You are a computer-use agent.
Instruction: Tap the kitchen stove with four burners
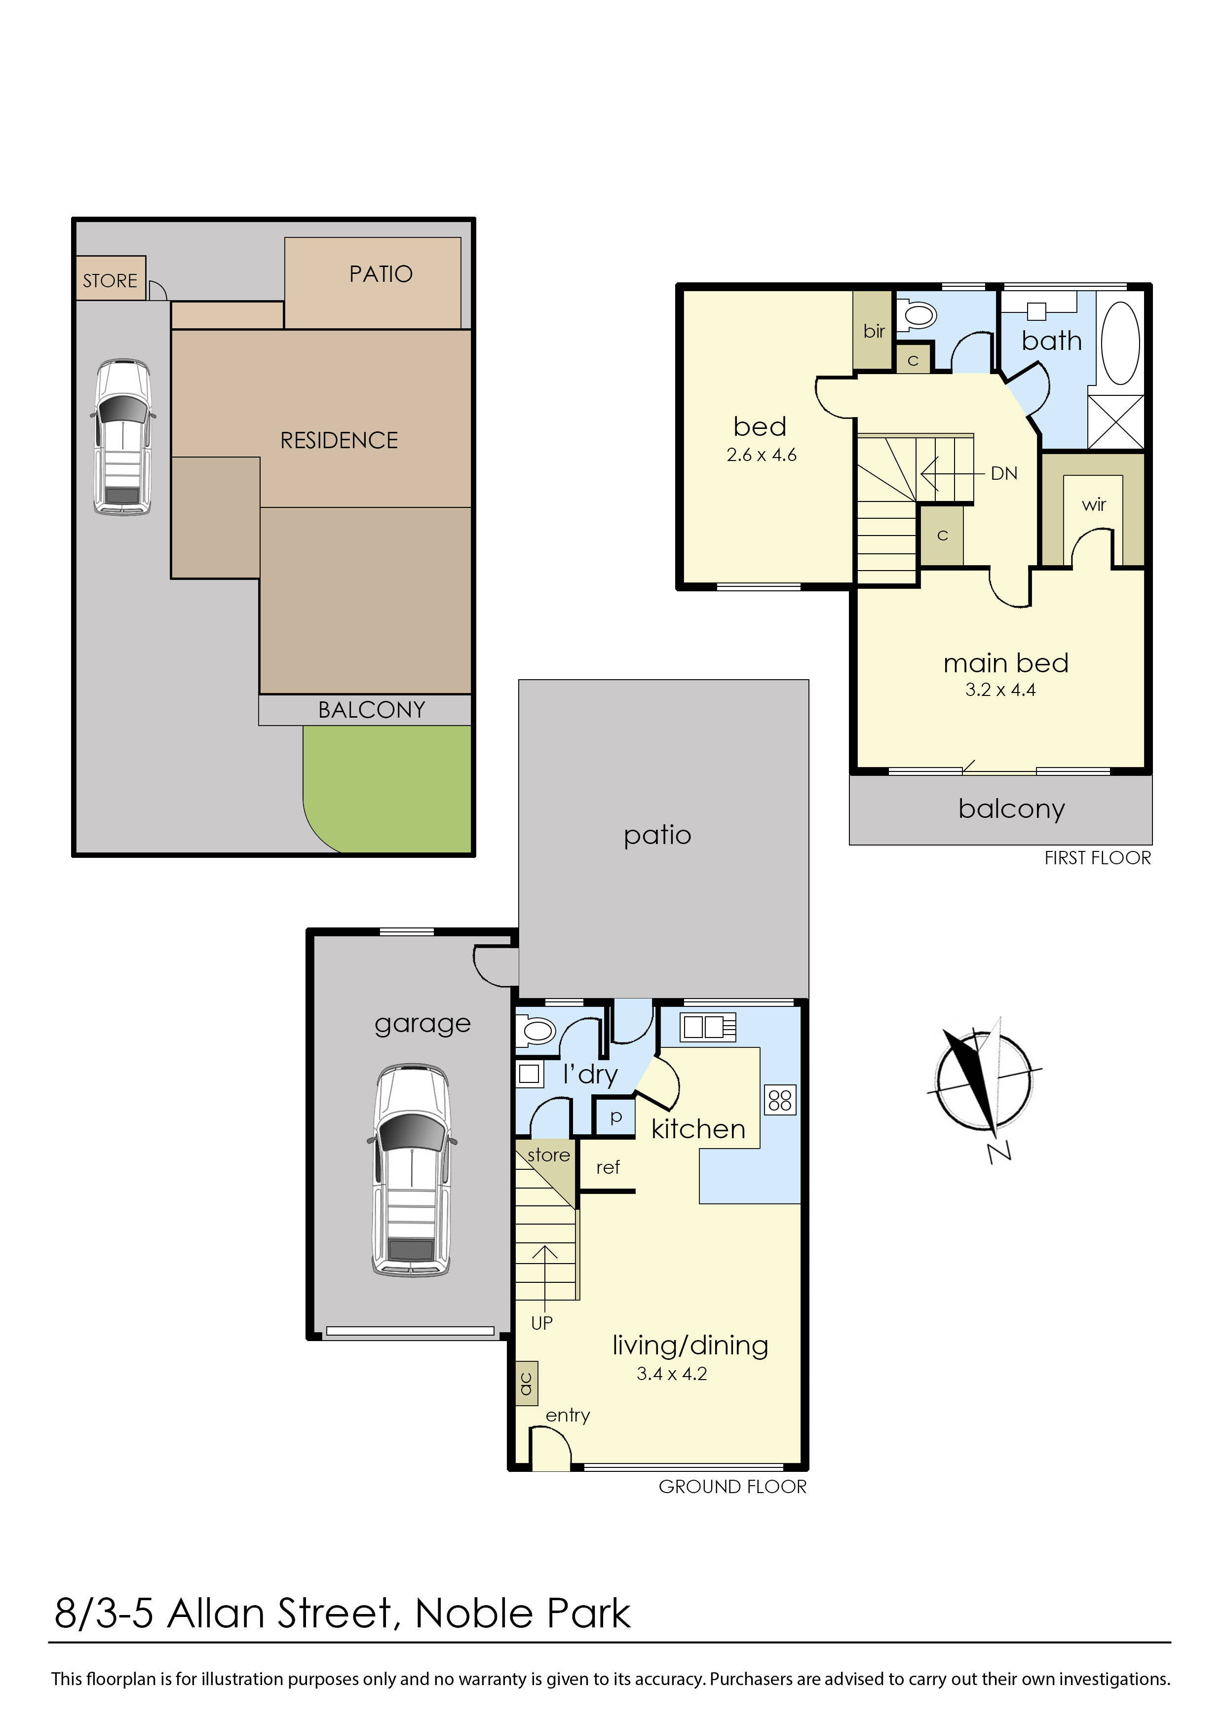(780, 1100)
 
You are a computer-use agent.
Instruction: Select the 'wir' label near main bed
(1094, 504)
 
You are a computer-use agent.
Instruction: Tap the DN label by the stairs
(1004, 473)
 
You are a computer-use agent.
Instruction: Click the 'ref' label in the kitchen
(608, 1167)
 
